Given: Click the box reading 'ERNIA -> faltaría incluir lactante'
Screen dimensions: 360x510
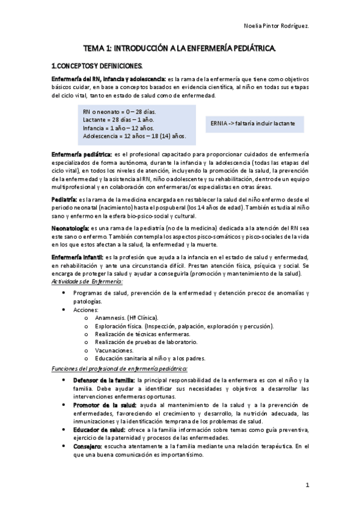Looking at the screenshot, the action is [x=253, y=123].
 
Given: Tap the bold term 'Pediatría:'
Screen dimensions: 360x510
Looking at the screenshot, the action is [x=64, y=199].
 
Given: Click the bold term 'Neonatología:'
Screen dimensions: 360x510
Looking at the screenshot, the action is [x=70, y=229].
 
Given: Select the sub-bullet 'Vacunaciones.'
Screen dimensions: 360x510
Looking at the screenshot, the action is [x=114, y=349].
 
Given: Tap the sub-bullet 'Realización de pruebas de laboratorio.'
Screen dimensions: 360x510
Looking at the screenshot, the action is [x=146, y=342].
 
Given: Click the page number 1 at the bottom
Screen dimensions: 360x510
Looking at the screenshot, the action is [x=307, y=484].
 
